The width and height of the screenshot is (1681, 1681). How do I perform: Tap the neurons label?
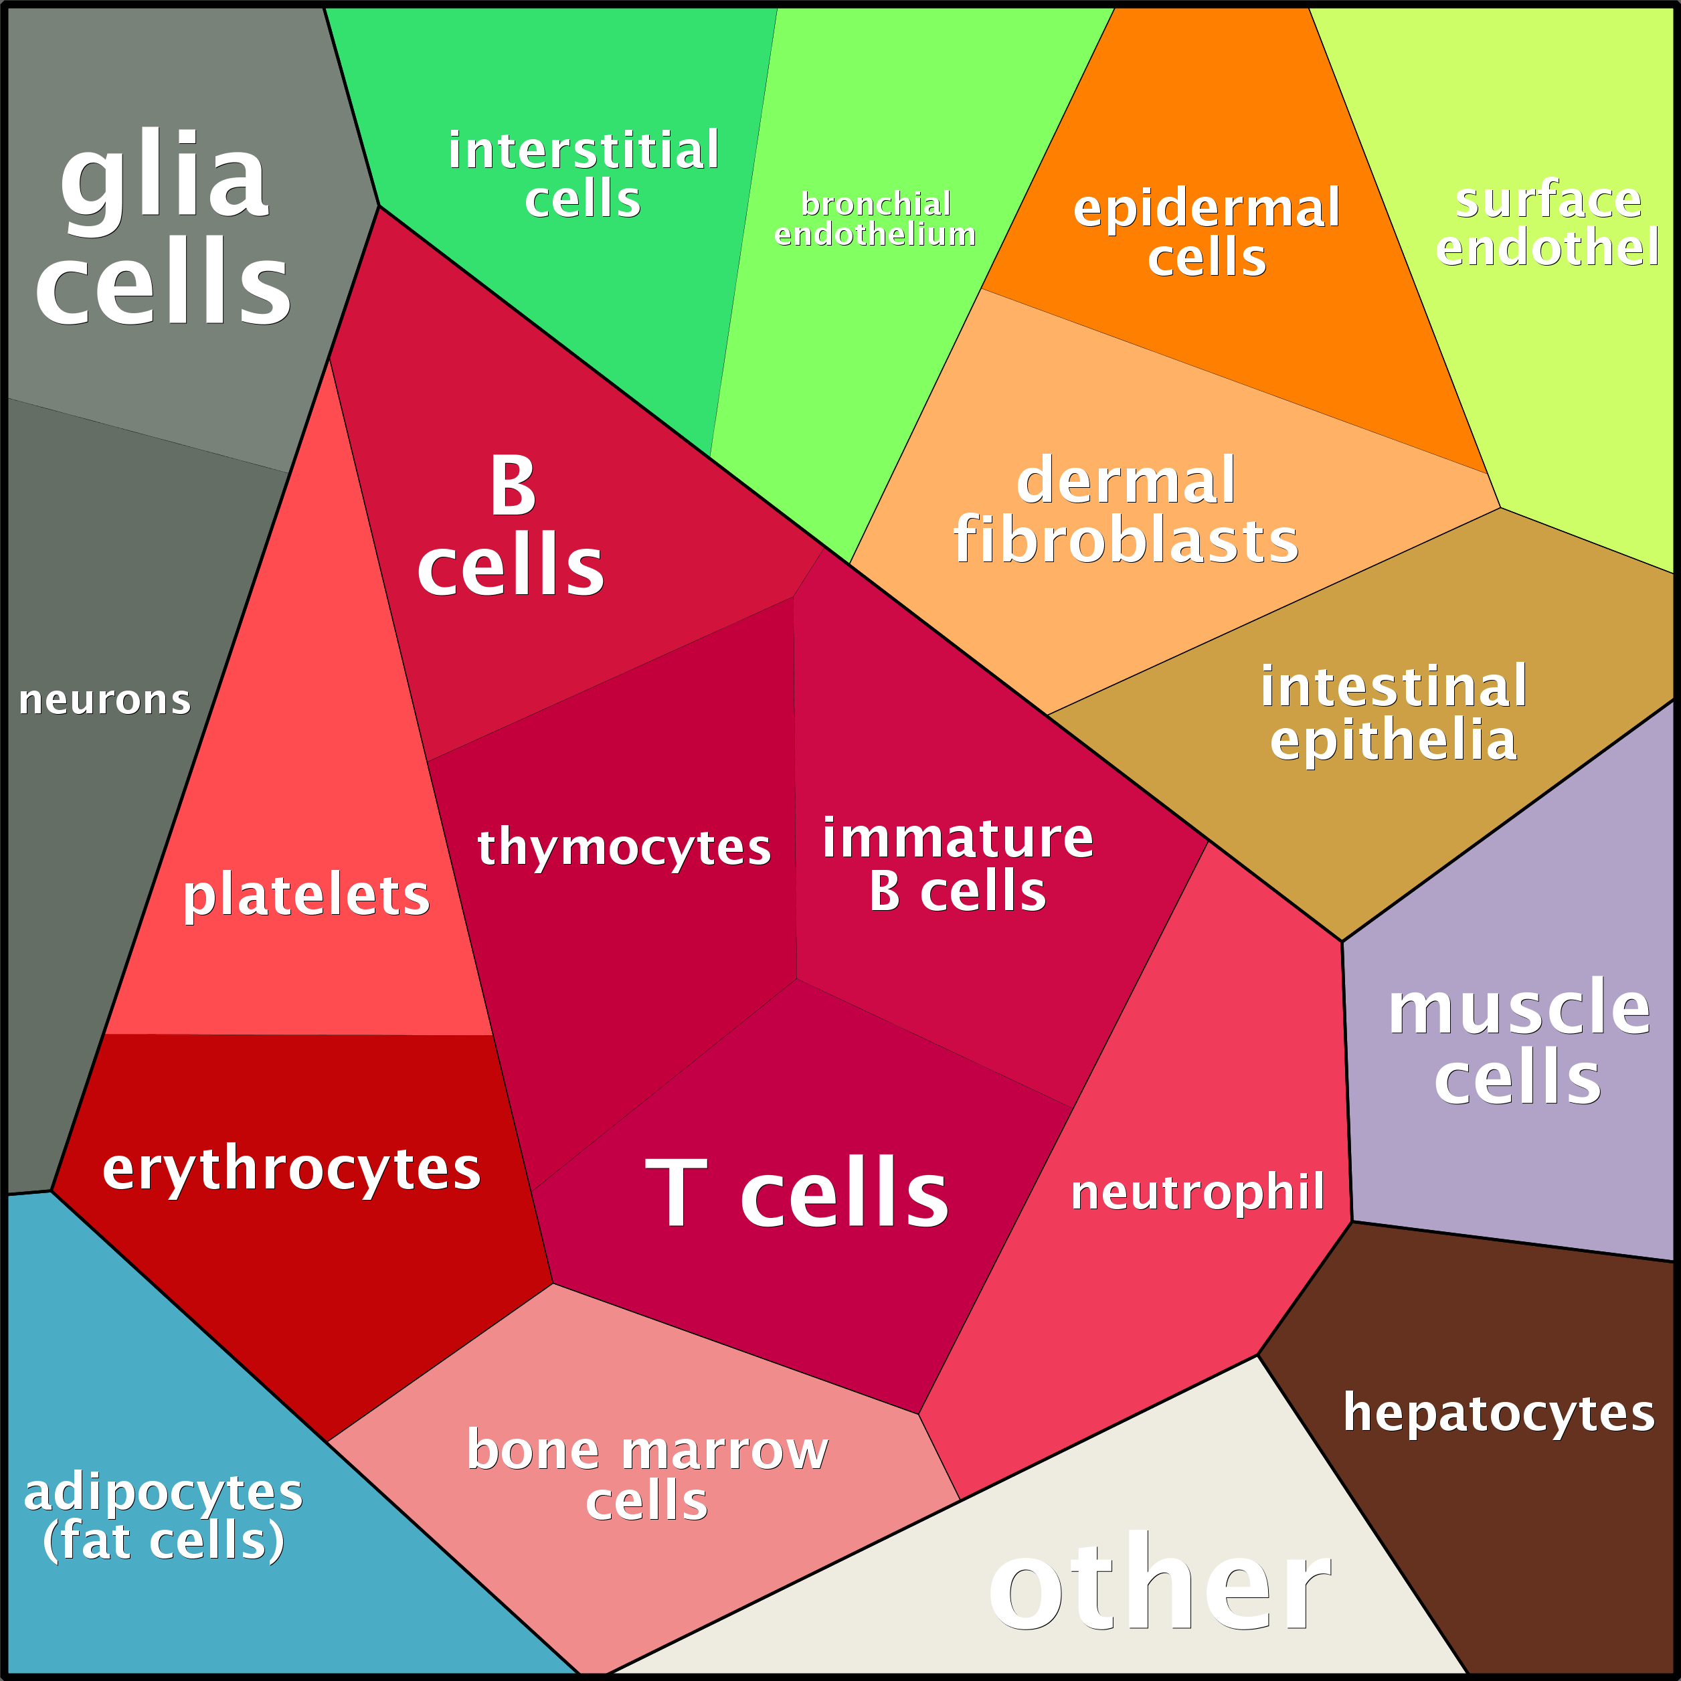coord(104,701)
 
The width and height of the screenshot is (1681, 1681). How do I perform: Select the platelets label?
coord(306,895)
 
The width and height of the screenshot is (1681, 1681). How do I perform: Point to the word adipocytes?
coord(163,1493)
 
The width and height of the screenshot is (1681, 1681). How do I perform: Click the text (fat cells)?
coord(163,1541)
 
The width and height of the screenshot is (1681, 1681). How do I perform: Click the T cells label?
coord(796,1194)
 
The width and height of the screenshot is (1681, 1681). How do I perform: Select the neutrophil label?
coord(1198,1191)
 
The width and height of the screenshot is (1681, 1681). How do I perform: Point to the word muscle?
coord(1519,1008)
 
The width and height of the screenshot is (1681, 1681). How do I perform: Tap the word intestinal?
coord(1394,687)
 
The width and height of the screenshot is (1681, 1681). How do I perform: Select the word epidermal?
coord(1207,208)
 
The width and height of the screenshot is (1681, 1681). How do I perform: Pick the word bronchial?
coord(875,203)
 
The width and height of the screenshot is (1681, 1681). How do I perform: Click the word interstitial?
coord(584,150)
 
